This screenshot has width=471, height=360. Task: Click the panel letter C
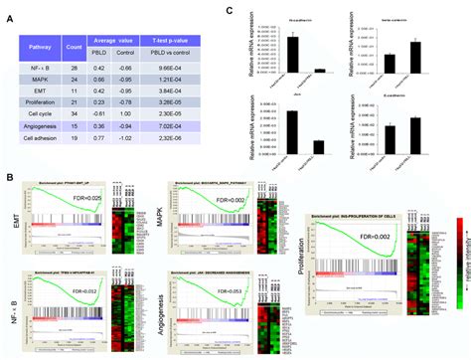pos(231,10)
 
